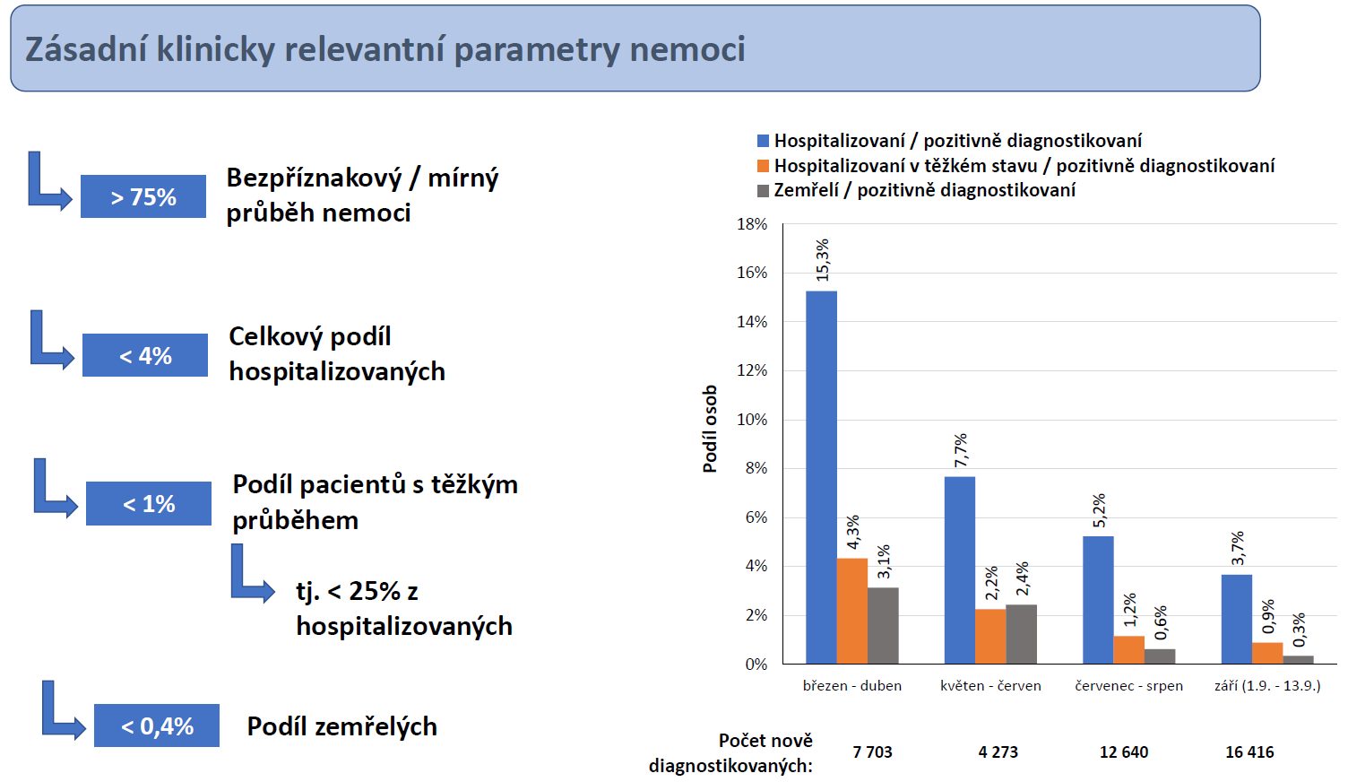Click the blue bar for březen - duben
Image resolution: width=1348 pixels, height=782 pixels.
[821, 477]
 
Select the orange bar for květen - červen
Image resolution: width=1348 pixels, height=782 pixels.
[990, 637]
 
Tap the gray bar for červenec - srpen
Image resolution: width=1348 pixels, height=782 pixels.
[1160, 656]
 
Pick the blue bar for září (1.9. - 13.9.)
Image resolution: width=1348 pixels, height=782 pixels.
[1237, 619]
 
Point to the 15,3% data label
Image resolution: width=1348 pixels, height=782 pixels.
[822, 260]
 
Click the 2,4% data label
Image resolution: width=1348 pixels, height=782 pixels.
[1023, 579]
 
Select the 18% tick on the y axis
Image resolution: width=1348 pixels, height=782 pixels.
[752, 224]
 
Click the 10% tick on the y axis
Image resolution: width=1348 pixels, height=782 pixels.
[752, 420]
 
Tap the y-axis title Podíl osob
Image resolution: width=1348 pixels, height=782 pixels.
[710, 429]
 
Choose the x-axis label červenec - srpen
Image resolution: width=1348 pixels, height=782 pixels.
[1128, 686]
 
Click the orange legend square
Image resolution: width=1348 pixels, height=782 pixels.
[764, 166]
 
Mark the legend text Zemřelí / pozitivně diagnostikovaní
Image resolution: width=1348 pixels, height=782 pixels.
[924, 190]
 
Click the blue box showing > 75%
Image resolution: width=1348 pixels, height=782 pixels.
[143, 196]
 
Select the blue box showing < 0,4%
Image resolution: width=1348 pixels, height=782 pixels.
[157, 726]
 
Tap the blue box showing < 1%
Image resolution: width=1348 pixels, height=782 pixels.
[149, 504]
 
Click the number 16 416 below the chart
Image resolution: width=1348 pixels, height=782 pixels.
[1249, 752]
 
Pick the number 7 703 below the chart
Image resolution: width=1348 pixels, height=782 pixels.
[872, 752]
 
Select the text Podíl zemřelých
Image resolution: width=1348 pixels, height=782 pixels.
[341, 726]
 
